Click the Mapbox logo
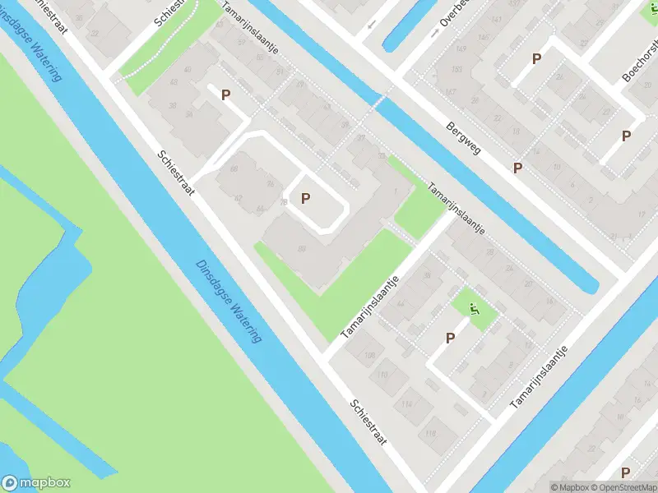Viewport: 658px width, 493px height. [x=36, y=483]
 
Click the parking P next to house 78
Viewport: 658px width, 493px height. [x=306, y=198]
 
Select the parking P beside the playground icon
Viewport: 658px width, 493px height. [x=450, y=338]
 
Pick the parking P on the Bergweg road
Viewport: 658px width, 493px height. [x=517, y=168]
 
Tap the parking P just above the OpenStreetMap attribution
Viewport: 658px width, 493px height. [x=626, y=472]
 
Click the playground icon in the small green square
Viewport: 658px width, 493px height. [x=473, y=311]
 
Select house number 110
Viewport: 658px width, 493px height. [x=383, y=376]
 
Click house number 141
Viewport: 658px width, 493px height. [x=496, y=18]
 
